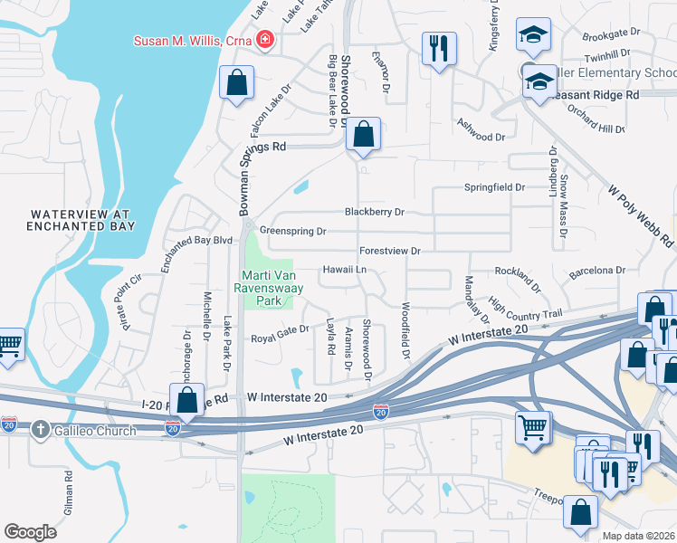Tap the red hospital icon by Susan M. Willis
click(264, 39)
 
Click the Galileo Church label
click(94, 431)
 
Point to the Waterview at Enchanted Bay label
click(82, 220)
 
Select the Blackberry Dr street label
click(374, 212)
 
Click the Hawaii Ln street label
click(346, 270)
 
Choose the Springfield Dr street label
click(495, 187)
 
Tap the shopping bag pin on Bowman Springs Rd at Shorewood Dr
click(363, 136)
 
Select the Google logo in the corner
click(30, 532)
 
